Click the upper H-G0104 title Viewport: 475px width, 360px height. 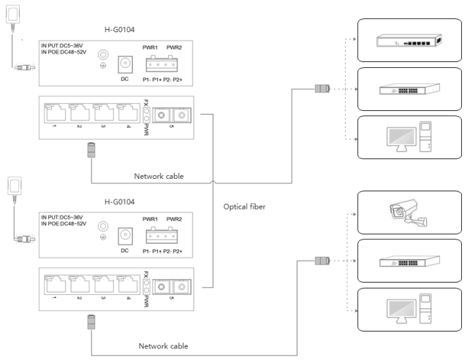pyautogui.click(x=119, y=30)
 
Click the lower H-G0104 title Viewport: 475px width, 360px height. pyautogui.click(x=119, y=202)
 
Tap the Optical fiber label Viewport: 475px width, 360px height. pyautogui.click(x=244, y=207)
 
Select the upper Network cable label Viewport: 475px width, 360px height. pyautogui.click(x=159, y=176)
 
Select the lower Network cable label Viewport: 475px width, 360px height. pyautogui.click(x=163, y=346)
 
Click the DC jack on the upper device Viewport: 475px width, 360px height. pyautogui.click(x=125, y=64)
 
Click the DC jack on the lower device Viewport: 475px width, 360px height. pyautogui.click(x=125, y=236)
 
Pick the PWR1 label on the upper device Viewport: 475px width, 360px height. pyautogui.click(x=151, y=47)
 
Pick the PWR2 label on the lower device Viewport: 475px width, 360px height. pyautogui.click(x=174, y=219)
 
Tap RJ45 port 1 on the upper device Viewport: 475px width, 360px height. pyautogui.click(x=55, y=112)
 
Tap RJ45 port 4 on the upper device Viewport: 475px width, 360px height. pyautogui.click(x=128, y=112)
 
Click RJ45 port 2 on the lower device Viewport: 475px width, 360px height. pyautogui.click(x=80, y=284)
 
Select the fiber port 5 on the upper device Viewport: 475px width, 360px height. pyautogui.click(x=172, y=115)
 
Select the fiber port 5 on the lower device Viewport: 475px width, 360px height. pyautogui.click(x=172, y=287)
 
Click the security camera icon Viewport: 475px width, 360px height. pyautogui.click(x=408, y=212)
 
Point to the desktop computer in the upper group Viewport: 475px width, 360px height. pyautogui.click(x=409, y=137)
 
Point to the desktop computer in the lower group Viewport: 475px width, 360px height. pyautogui.click(x=409, y=309)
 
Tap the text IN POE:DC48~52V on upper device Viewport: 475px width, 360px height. pyautogui.click(x=64, y=52)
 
